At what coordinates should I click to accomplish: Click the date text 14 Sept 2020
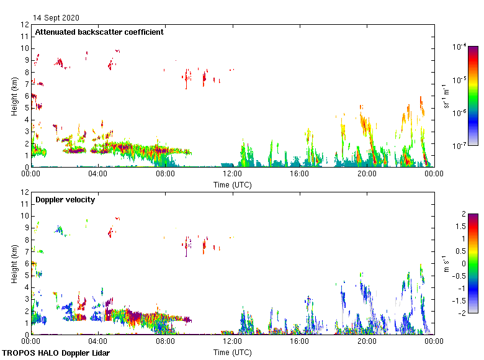pyautogui.click(x=56, y=18)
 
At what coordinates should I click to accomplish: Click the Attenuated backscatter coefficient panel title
pyautogui.click(x=99, y=32)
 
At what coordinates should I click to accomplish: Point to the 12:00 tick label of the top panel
pyautogui.click(x=232, y=174)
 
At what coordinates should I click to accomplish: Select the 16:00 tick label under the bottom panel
pyautogui.click(x=299, y=341)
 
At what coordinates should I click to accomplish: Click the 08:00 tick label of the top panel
pyautogui.click(x=165, y=174)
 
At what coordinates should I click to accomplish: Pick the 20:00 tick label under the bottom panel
pyautogui.click(x=366, y=341)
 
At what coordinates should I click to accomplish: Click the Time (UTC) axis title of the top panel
pyautogui.click(x=232, y=184)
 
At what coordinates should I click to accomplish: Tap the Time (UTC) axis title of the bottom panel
pyautogui.click(x=232, y=352)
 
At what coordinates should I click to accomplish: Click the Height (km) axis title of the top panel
pyautogui.click(x=14, y=96)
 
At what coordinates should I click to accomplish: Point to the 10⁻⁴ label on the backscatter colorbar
pyautogui.click(x=460, y=47)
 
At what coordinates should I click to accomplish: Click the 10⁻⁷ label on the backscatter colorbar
pyautogui.click(x=460, y=145)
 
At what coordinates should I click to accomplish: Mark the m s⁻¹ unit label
pyautogui.click(x=444, y=263)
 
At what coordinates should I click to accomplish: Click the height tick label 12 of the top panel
pyautogui.click(x=25, y=25)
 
